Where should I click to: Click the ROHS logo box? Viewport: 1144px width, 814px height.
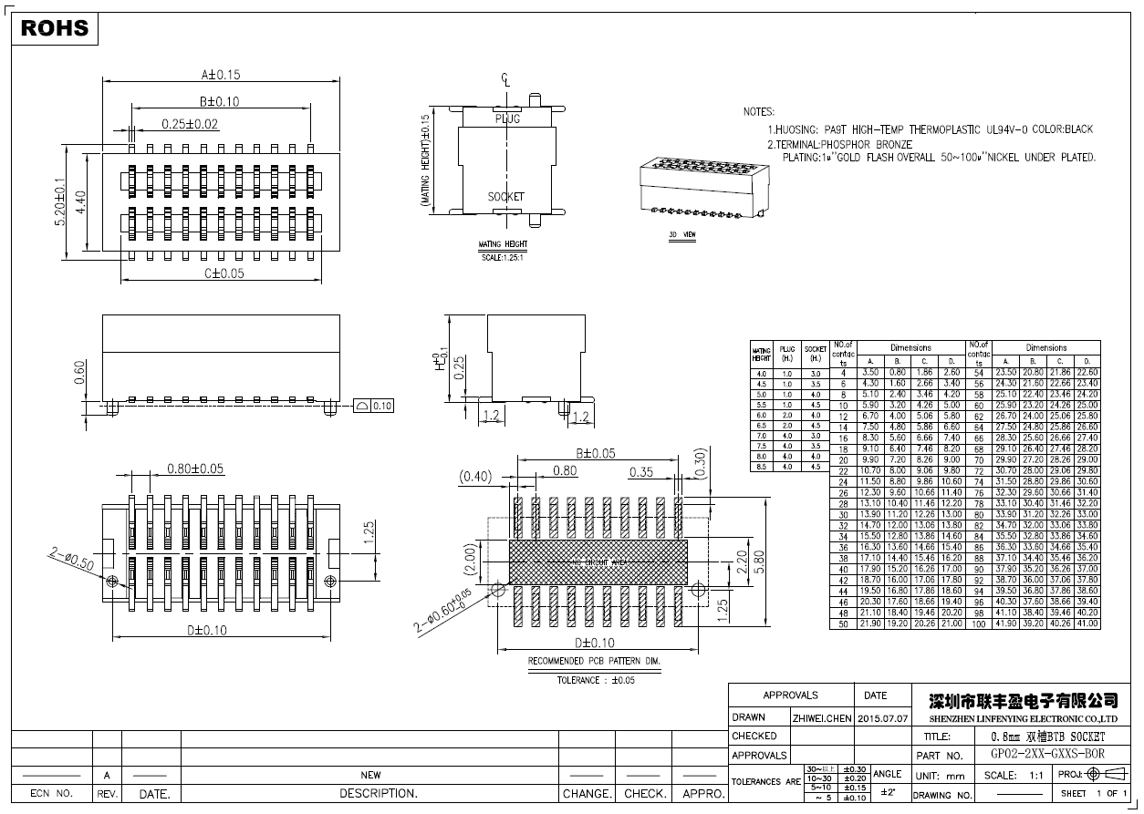(55, 28)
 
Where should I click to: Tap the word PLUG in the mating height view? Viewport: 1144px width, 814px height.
(507, 119)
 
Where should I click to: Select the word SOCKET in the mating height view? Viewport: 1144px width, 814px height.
(505, 197)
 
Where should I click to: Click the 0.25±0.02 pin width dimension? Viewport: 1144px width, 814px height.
(190, 124)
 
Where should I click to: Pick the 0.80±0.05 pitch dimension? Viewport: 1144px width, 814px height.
(195, 469)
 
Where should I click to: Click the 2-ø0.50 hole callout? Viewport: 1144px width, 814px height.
(70, 558)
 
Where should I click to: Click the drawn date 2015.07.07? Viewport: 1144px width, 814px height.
(883, 717)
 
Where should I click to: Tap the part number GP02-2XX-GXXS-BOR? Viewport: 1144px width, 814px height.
(1046, 755)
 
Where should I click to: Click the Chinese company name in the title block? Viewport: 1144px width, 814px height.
(1022, 700)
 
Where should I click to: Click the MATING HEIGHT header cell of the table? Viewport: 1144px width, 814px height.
(761, 355)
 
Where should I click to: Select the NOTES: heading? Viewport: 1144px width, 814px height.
(758, 111)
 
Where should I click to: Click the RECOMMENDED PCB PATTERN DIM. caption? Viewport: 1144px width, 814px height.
(594, 661)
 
